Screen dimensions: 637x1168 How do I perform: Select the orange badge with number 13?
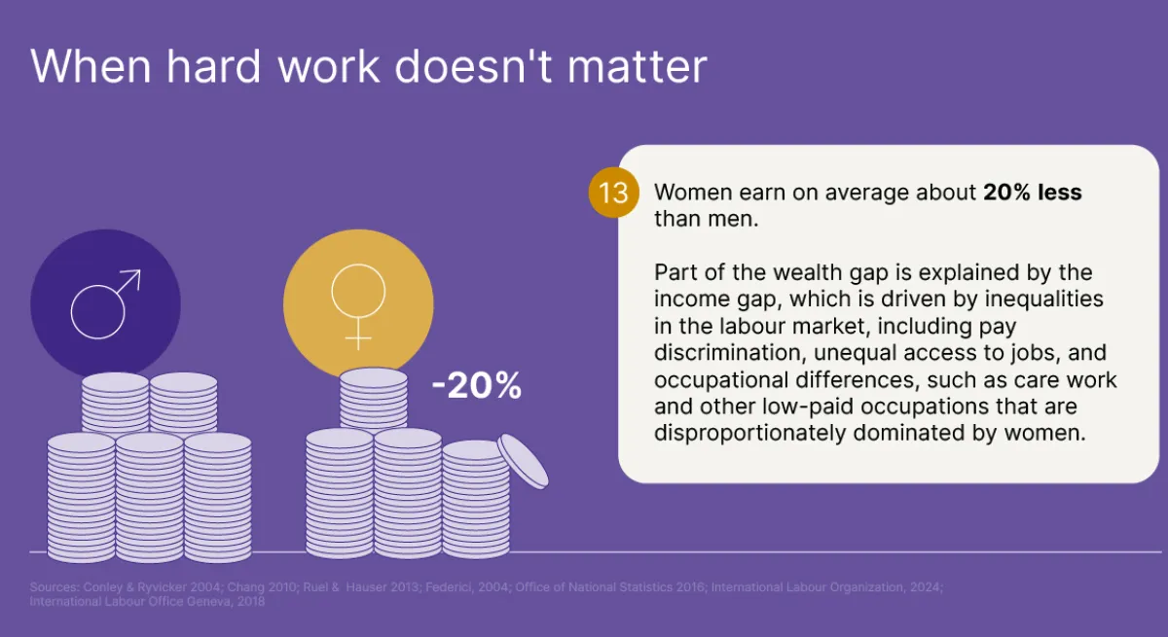[613, 193]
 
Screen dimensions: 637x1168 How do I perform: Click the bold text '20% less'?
[1032, 193]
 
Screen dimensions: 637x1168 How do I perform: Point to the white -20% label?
[477, 387]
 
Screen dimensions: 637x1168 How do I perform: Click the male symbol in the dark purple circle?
[105, 303]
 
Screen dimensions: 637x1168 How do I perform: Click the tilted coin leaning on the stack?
[524, 462]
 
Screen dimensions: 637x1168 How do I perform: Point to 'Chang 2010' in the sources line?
[228, 588]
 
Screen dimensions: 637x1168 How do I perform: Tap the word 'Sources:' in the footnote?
[52, 588]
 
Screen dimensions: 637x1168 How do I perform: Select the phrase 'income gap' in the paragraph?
[707, 299]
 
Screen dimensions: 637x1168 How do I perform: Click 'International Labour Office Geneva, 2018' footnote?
[146, 602]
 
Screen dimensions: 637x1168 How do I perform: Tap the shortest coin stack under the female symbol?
[474, 501]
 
